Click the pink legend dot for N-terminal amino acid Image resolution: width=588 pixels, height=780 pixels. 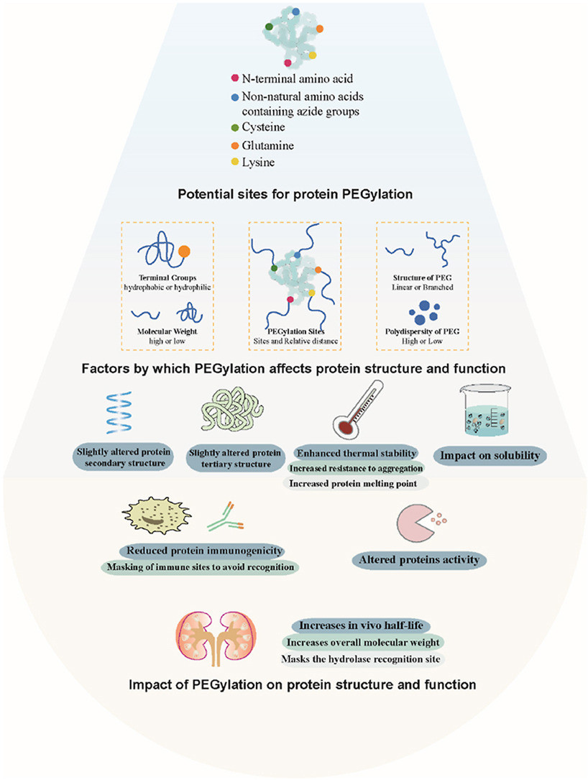(235, 78)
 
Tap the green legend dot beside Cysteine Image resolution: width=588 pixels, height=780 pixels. (235, 128)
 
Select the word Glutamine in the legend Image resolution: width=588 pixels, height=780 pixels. (267, 146)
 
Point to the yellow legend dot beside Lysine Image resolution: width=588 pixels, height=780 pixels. (235, 162)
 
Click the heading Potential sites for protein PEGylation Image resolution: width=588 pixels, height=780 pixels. (295, 194)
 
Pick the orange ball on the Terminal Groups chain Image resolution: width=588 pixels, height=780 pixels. (184, 251)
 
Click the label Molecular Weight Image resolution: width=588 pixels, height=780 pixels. (167, 331)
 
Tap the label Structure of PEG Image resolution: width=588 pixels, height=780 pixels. (423, 277)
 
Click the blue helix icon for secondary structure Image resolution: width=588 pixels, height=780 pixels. (119, 413)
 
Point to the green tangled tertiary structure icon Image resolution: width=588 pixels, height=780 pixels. (231, 409)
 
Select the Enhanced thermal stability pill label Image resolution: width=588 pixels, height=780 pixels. (357, 453)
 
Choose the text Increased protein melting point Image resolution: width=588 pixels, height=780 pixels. (353, 484)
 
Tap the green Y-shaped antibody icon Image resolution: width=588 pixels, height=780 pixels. (226, 517)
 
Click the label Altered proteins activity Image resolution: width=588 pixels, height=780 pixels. (419, 560)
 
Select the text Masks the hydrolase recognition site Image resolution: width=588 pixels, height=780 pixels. (361, 659)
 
